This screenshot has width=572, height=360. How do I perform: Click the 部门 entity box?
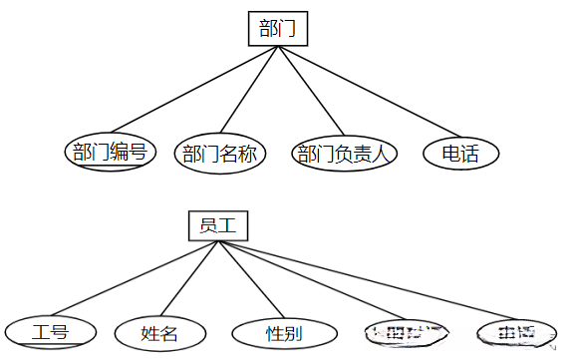click(278, 28)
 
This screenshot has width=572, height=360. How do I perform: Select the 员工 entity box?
click(216, 225)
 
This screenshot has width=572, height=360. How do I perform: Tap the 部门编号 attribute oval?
click(110, 153)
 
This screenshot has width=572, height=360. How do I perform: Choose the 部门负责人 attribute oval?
click(345, 154)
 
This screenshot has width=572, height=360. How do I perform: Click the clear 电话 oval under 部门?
click(459, 154)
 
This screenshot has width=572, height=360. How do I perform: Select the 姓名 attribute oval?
click(159, 332)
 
